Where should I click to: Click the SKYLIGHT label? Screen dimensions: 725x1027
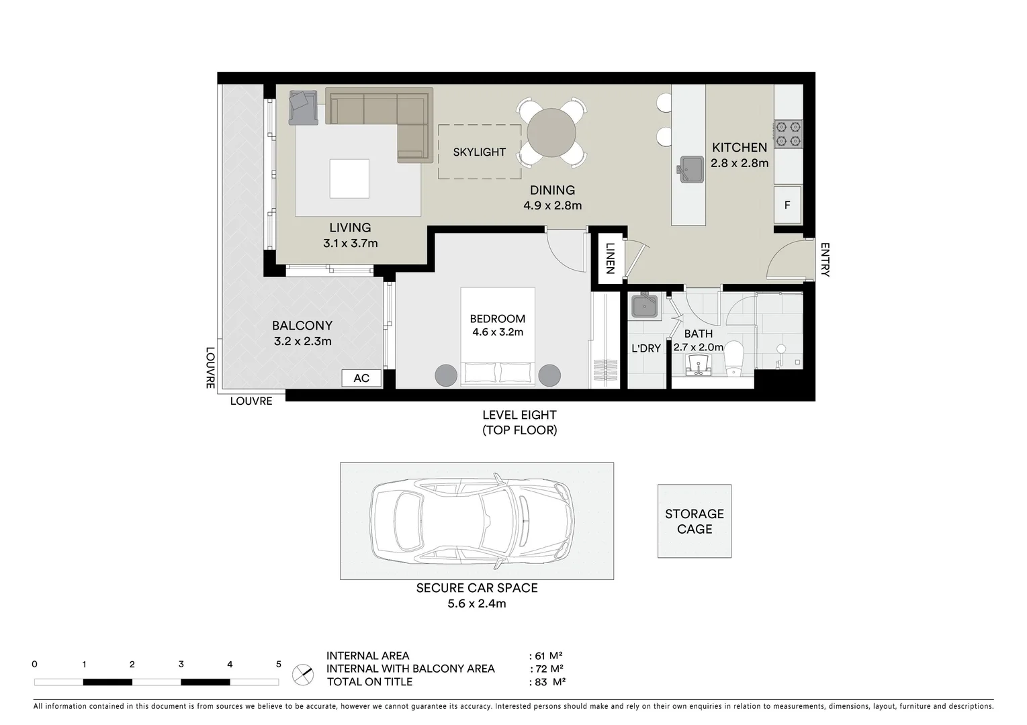tap(479, 152)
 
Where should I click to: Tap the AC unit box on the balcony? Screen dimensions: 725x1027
tap(361, 378)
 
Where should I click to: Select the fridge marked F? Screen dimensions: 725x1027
tap(787, 205)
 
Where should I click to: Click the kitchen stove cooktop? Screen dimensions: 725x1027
tap(788, 133)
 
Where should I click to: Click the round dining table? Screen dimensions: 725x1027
tap(551, 133)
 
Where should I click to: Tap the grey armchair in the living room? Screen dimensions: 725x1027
tap(303, 107)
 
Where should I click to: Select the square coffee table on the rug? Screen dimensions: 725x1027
tap(349, 179)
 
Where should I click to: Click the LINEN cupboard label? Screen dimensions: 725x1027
tap(610, 258)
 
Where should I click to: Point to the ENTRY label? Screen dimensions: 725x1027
tap(825, 260)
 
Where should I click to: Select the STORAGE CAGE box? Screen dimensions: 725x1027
tap(694, 521)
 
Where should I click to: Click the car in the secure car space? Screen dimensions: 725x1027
tap(474, 520)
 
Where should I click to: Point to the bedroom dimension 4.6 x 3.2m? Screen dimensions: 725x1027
tap(497, 332)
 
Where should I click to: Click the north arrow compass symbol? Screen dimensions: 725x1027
tap(303, 674)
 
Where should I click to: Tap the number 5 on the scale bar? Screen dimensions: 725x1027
tap(278, 665)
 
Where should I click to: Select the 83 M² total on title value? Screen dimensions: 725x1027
tap(550, 682)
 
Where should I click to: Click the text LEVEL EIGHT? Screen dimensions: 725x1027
tap(519, 416)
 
